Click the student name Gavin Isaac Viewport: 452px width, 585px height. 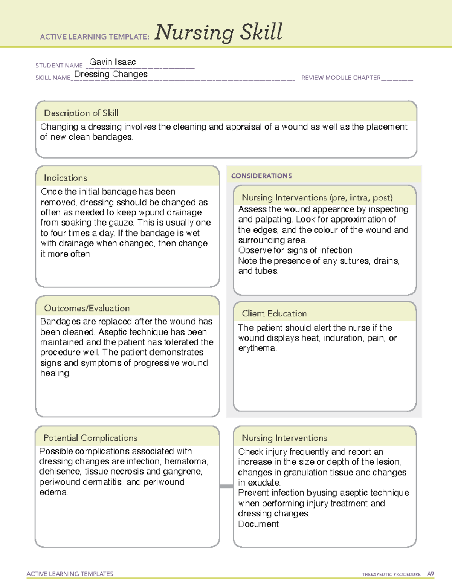click(112, 62)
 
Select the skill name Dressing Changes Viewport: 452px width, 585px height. click(111, 75)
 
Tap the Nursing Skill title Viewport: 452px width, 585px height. click(218, 32)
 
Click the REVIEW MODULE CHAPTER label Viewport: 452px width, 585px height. click(341, 78)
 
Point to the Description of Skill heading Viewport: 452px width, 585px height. click(81, 113)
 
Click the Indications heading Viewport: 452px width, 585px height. click(65, 178)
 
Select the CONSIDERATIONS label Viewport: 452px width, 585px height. click(261, 176)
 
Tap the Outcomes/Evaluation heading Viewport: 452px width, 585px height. click(87, 308)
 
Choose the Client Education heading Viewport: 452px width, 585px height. click(274, 313)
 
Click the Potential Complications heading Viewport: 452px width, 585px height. click(90, 438)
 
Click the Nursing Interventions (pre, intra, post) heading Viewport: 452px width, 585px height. click(317, 198)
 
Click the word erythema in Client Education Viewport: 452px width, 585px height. click(257, 348)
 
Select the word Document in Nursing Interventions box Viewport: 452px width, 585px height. click(258, 524)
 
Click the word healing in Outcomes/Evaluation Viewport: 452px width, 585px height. click(55, 373)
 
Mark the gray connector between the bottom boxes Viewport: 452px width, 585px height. click(226, 486)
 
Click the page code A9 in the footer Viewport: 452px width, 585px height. click(430, 574)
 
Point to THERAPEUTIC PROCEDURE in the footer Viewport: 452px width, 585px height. click(391, 574)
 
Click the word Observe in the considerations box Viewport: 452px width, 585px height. click(255, 250)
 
